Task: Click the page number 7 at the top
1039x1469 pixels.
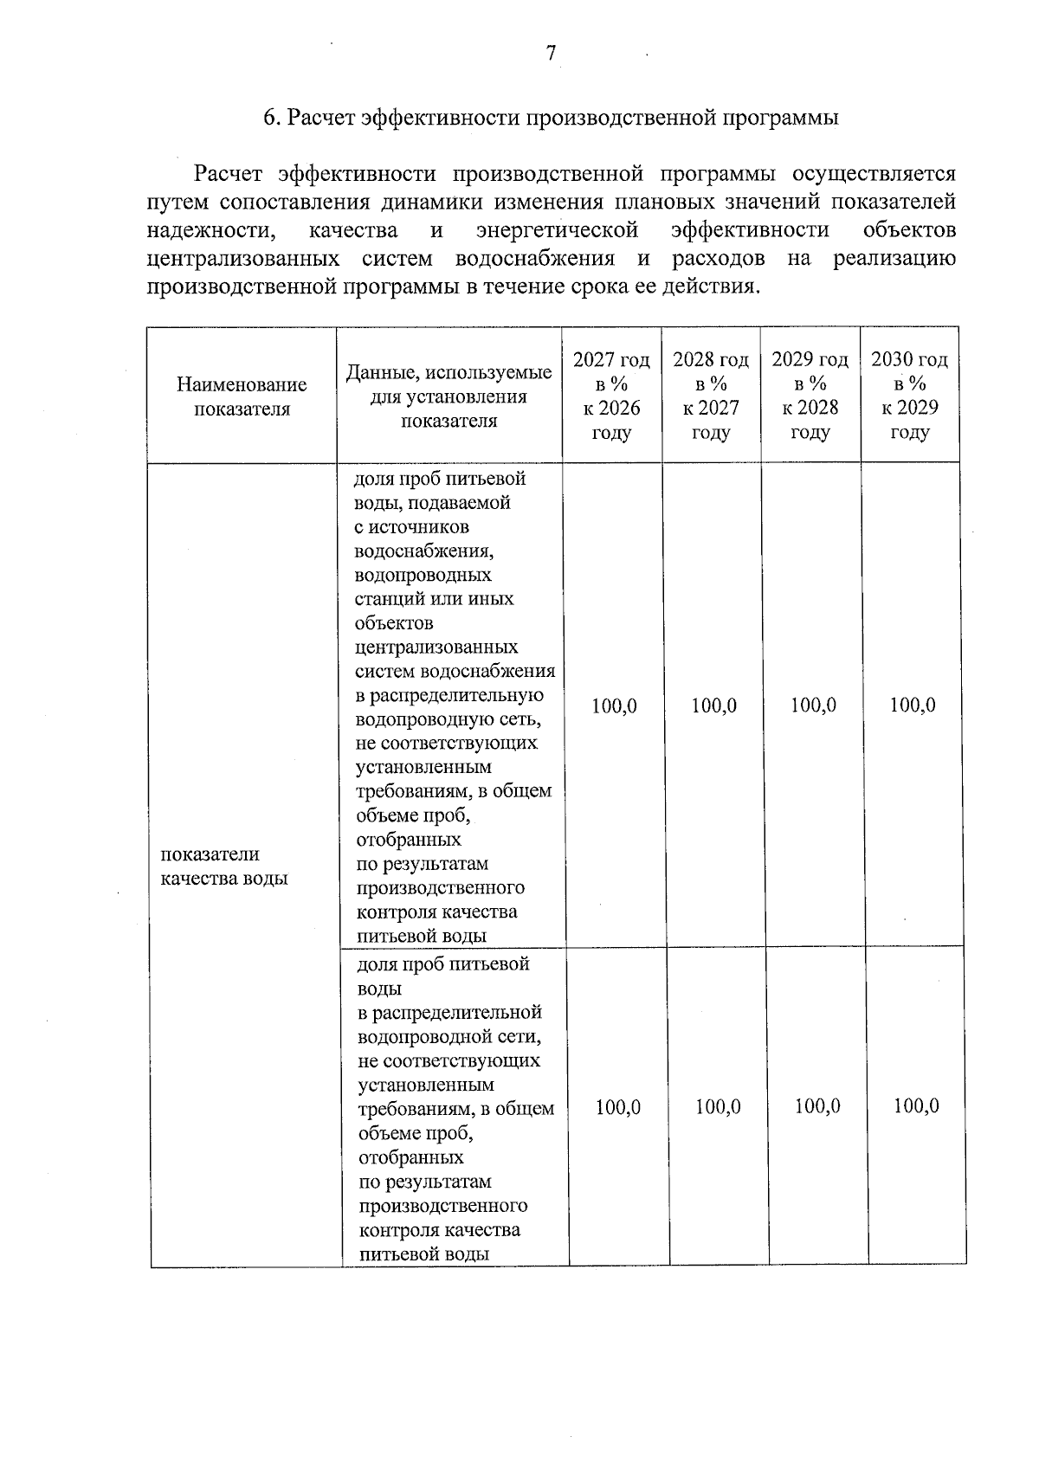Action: (x=551, y=54)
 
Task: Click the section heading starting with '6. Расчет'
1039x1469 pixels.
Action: (x=551, y=118)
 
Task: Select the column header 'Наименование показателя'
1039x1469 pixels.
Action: (x=242, y=396)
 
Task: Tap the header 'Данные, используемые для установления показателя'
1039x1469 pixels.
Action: (x=449, y=396)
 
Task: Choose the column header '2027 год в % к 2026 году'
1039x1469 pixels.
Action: (x=611, y=396)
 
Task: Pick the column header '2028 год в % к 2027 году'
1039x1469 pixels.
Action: (x=711, y=396)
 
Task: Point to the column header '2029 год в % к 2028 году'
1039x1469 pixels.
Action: (x=810, y=396)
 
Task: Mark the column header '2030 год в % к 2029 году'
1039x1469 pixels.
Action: (x=909, y=396)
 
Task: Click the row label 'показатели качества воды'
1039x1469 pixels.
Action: (x=223, y=867)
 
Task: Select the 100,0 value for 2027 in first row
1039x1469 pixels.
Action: (x=614, y=706)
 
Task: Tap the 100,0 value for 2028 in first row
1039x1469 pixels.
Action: (x=714, y=706)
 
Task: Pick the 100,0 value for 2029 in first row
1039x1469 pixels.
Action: (x=814, y=706)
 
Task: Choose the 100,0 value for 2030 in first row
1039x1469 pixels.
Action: (x=913, y=706)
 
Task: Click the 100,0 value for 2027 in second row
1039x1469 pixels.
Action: (x=618, y=1107)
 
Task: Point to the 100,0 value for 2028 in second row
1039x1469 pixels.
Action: (x=718, y=1107)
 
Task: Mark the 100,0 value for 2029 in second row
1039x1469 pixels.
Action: (x=817, y=1107)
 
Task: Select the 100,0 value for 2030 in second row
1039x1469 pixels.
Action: (x=916, y=1107)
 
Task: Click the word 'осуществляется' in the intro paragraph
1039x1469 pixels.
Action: (x=881, y=174)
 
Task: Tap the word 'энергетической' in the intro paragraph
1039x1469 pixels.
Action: (x=558, y=230)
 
